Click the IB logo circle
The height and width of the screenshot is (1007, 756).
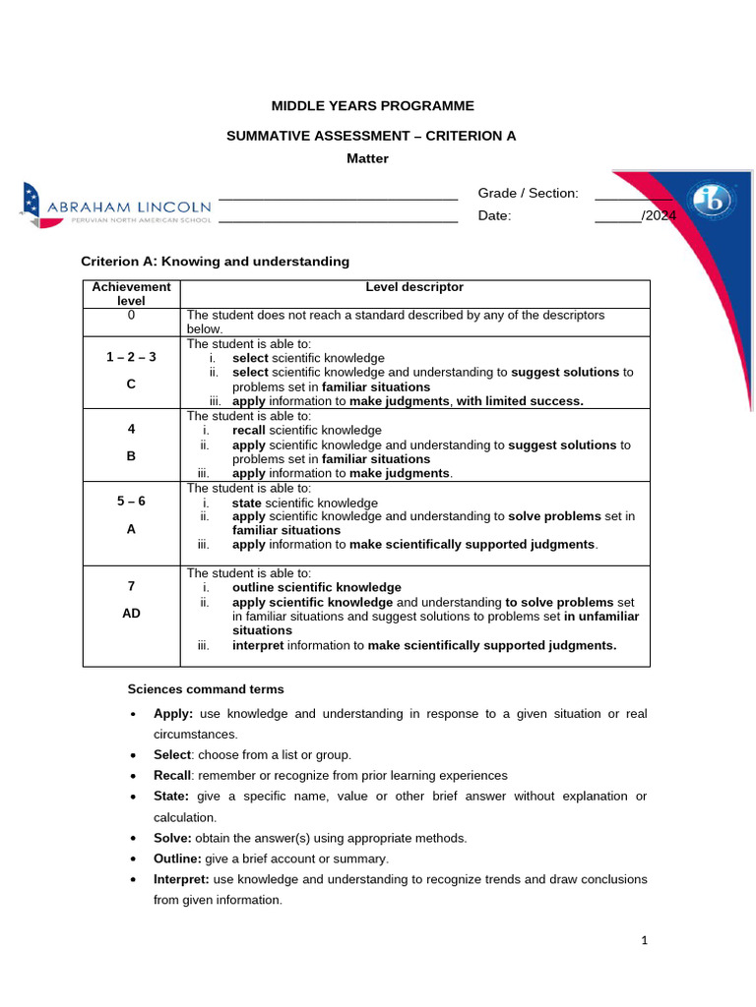pyautogui.click(x=711, y=203)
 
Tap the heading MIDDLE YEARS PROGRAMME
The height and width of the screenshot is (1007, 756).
pyautogui.click(x=372, y=105)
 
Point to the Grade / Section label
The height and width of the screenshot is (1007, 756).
pyautogui.click(x=528, y=193)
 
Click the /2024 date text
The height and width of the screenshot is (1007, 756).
pyautogui.click(x=659, y=216)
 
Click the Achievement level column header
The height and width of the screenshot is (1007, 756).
pyautogui.click(x=131, y=293)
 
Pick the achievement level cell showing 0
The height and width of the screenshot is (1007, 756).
pyautogui.click(x=131, y=315)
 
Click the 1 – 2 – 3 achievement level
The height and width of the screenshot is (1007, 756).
pyautogui.click(x=131, y=358)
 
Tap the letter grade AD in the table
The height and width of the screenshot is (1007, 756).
pyautogui.click(x=131, y=613)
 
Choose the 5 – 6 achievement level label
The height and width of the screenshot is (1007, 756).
pyautogui.click(x=131, y=501)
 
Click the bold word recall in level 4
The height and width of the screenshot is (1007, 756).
pyautogui.click(x=249, y=430)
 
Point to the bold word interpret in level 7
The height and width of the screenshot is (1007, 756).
pyautogui.click(x=258, y=645)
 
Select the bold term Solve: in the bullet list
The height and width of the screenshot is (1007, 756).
pyautogui.click(x=173, y=838)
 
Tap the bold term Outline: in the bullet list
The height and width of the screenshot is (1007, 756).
pyautogui.click(x=178, y=859)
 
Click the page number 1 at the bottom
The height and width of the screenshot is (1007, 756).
pyautogui.click(x=644, y=941)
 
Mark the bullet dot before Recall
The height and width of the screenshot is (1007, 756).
pyautogui.click(x=132, y=776)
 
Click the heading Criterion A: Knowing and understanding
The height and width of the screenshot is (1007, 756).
pyautogui.click(x=214, y=262)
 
